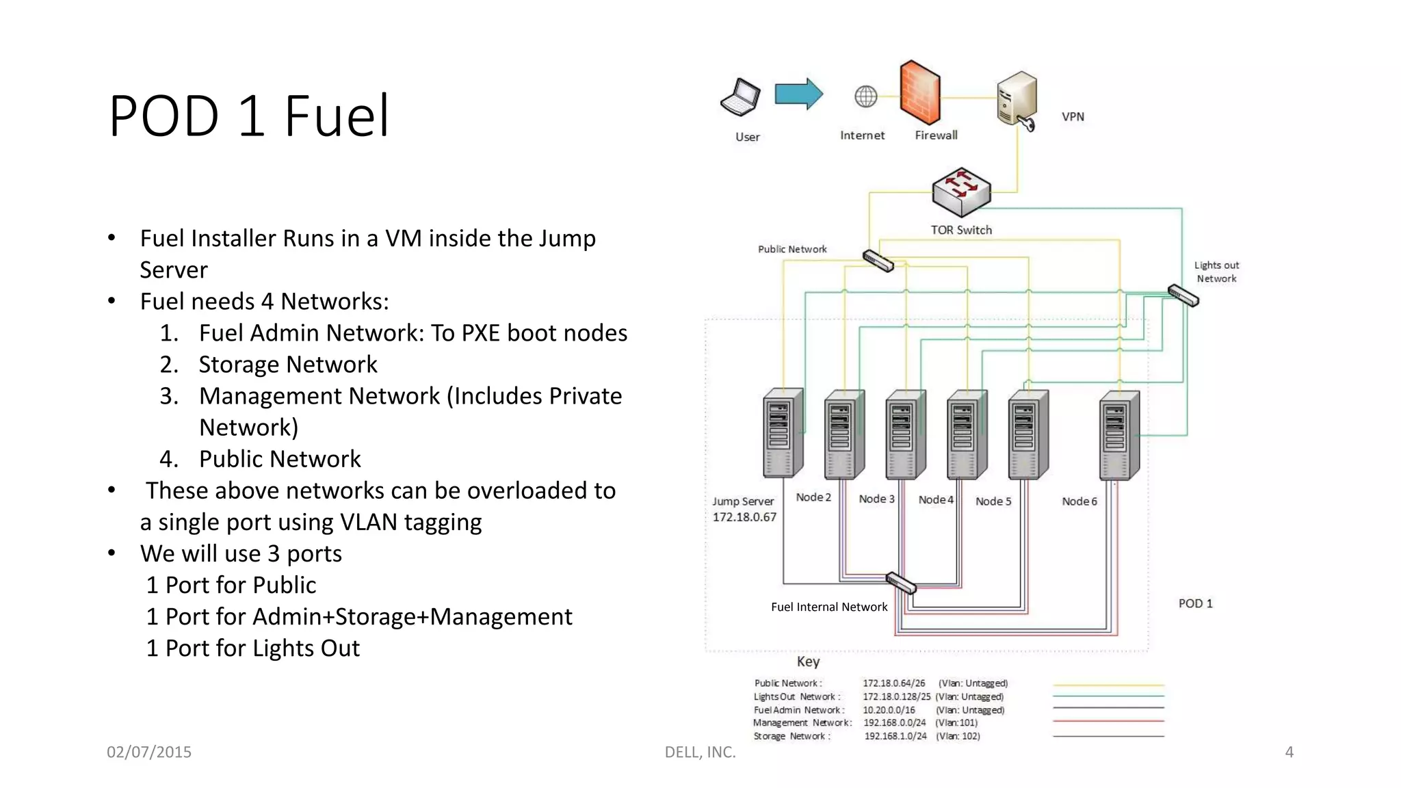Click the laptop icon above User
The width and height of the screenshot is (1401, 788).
pos(741,96)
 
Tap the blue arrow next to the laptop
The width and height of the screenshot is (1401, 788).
pos(798,94)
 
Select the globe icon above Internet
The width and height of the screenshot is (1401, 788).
pos(865,96)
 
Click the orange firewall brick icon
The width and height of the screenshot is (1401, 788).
pos(920,92)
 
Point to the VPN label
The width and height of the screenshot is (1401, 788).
pos(1072,117)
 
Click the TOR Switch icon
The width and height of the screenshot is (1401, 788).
pos(961,192)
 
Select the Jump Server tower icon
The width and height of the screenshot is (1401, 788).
pos(782,434)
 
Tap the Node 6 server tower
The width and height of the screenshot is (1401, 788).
pos(1118,435)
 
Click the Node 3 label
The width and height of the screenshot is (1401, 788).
pos(876,499)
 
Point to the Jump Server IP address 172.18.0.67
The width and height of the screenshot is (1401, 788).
pos(744,517)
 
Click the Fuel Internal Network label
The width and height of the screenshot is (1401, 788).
pos(828,607)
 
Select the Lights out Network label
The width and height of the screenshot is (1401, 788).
pos(1216,272)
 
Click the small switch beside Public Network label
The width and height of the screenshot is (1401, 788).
pos(878,261)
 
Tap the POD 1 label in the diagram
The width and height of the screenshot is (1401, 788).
pos(1194,603)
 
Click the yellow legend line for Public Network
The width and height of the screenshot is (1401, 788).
pos(1108,685)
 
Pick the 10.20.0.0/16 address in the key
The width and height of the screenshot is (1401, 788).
pos(888,710)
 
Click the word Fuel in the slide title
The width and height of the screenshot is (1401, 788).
pos(336,116)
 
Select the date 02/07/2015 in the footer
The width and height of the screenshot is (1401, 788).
pos(149,752)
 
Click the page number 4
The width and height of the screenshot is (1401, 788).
pos(1289,752)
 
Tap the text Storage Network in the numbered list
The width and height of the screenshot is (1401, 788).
pos(287,365)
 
